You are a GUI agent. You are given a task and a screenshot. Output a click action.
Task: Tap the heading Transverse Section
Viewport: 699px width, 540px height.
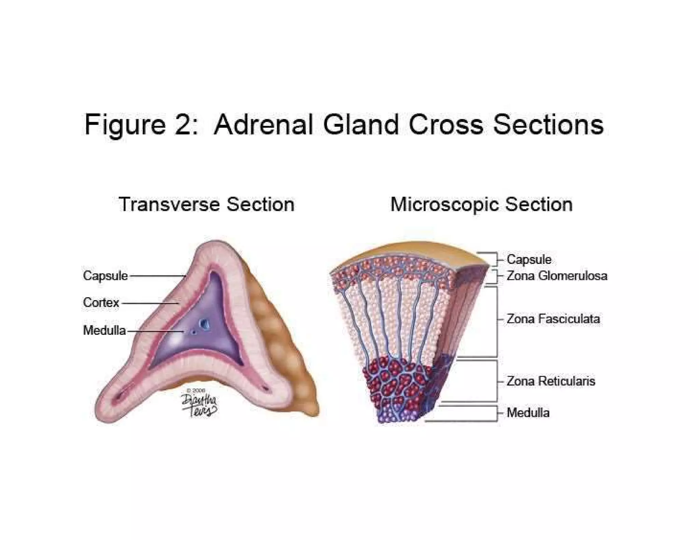click(206, 204)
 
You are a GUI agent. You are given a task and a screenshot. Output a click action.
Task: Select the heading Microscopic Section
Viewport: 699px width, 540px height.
click(481, 204)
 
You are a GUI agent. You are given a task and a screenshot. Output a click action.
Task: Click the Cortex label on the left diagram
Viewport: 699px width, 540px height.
click(101, 302)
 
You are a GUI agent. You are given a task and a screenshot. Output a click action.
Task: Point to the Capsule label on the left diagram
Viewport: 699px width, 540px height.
click(105, 275)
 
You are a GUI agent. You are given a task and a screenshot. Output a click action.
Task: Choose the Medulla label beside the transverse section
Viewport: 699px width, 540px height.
click(104, 330)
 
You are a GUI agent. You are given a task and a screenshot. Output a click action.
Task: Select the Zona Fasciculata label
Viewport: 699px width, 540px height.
click(553, 319)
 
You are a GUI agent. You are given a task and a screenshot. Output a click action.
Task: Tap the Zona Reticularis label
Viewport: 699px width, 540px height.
click(551, 381)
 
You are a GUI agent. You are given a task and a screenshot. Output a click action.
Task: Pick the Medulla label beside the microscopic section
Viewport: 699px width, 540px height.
click(528, 413)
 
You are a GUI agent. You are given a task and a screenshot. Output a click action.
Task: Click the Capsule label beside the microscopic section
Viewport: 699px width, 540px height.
click(529, 259)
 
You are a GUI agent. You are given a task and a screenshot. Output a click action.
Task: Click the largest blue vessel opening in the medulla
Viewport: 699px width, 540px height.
click(205, 323)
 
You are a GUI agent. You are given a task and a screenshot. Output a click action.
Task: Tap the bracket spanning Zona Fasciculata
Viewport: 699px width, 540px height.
click(496, 321)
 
